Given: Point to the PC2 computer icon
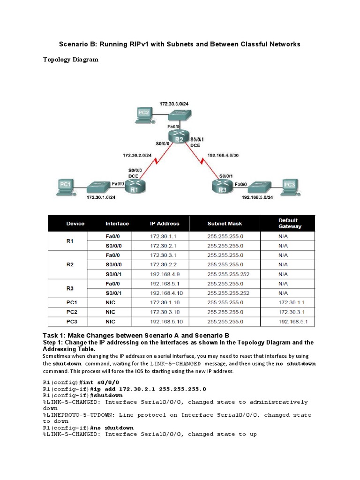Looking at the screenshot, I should tap(144, 113).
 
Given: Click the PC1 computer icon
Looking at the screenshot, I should tap(65, 185).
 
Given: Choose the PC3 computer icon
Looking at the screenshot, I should tap(290, 185).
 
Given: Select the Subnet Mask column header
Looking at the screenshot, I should tap(225, 224).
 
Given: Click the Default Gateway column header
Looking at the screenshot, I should tap(290, 224).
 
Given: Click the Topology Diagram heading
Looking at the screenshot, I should tap(71, 60).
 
